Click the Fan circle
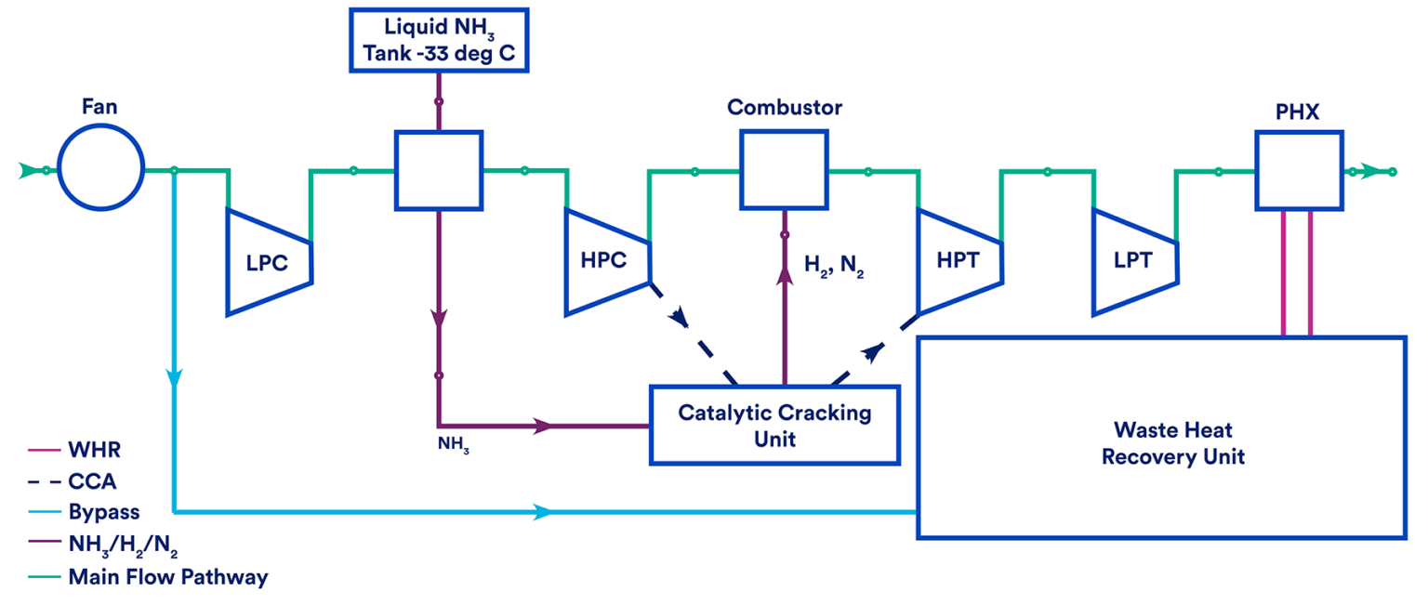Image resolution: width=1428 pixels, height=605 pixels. point(100,171)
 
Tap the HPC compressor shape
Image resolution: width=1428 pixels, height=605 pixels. point(605,262)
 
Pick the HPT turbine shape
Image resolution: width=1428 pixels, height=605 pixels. point(959,262)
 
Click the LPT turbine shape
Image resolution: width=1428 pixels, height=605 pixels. point(1134,262)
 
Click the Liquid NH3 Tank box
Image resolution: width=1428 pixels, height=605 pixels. point(439,40)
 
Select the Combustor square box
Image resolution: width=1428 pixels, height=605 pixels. point(784,169)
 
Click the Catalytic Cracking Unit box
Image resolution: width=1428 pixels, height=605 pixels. point(774,425)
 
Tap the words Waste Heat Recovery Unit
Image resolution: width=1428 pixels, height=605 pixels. point(1173,443)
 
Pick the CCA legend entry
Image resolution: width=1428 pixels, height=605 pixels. point(92,481)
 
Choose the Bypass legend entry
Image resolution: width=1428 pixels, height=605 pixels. point(103,512)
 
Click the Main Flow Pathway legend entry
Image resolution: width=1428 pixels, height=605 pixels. point(167,577)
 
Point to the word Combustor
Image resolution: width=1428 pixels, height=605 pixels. point(785,107)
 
